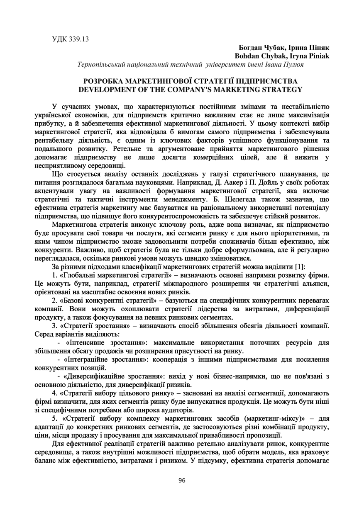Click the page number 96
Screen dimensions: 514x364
click(182, 480)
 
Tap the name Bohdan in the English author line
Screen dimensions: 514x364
click(248, 56)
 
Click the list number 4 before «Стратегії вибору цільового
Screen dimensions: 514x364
click(54, 393)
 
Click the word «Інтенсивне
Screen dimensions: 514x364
click(86, 343)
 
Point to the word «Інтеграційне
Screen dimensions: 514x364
click(89, 359)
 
